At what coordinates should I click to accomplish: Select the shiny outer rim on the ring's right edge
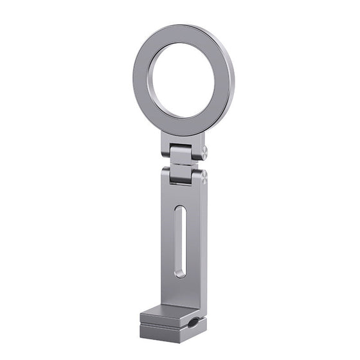pyautogui.click(x=231, y=84)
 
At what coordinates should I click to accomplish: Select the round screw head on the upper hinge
pyautogui.click(x=204, y=152)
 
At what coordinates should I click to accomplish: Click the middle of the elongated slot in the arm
pyautogui.click(x=181, y=242)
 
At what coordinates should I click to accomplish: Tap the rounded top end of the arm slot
pyautogui.click(x=182, y=210)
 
